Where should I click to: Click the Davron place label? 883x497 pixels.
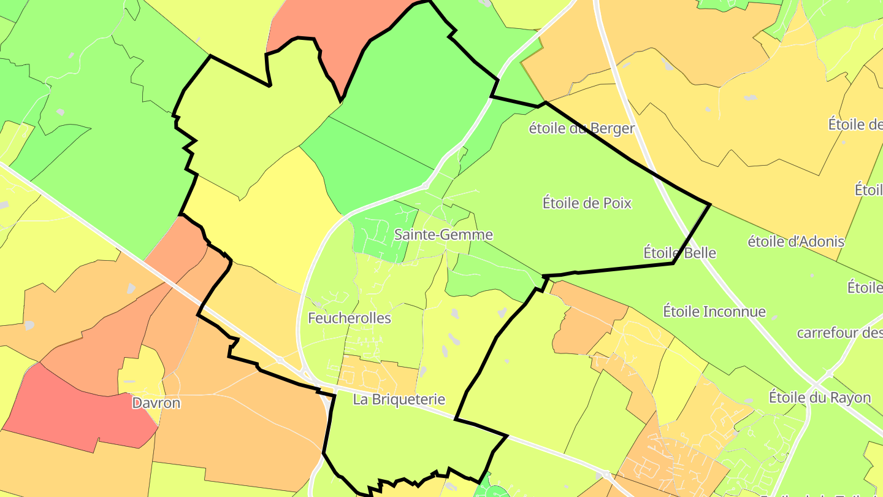point(156,403)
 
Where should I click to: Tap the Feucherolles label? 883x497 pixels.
point(350,318)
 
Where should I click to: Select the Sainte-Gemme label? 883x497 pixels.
point(443,234)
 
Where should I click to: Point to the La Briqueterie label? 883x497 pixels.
point(399,399)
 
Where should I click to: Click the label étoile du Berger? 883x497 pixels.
point(581,129)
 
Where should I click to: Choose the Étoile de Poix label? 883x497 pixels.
point(587,202)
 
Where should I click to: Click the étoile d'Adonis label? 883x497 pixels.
point(796,242)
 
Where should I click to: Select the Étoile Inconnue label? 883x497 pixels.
point(714,312)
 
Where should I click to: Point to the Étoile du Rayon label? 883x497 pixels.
point(820,397)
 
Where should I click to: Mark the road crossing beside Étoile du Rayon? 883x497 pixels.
point(829,372)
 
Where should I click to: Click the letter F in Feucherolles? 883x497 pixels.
point(312,318)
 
